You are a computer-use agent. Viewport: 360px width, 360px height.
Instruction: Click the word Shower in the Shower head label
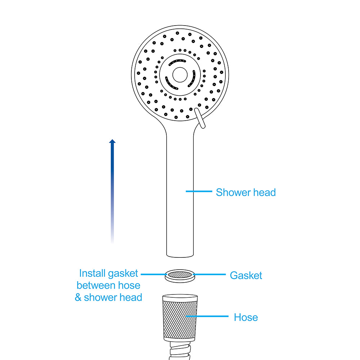pyautogui.click(x=233, y=192)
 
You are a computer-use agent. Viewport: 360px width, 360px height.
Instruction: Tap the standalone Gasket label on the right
pyautogui.click(x=246, y=275)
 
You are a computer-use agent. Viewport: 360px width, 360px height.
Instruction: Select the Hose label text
pyautogui.click(x=246, y=317)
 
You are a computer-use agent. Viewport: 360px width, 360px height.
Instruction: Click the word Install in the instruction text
pyautogui.click(x=92, y=273)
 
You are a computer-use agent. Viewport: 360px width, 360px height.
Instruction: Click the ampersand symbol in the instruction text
pyautogui.click(x=78, y=297)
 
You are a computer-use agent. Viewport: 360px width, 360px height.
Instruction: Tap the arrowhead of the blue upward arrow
pyautogui.click(x=112, y=141)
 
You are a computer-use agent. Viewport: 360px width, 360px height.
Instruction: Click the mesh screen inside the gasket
pyautogui.click(x=180, y=274)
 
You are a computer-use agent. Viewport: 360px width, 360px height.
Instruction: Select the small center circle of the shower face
pyautogui.click(x=180, y=75)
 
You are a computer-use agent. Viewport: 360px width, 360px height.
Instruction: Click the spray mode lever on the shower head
pyautogui.click(x=200, y=118)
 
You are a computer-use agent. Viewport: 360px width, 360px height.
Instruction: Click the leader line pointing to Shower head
pyautogui.click(x=199, y=191)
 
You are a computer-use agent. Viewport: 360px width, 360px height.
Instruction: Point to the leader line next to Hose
pyautogui.click(x=207, y=316)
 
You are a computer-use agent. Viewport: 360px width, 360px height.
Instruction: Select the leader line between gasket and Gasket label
pyautogui.click(x=210, y=274)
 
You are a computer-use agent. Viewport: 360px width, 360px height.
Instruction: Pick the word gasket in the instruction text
pyautogui.click(x=123, y=274)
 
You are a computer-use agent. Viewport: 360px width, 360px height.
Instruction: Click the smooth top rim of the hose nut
pyautogui.click(x=180, y=298)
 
